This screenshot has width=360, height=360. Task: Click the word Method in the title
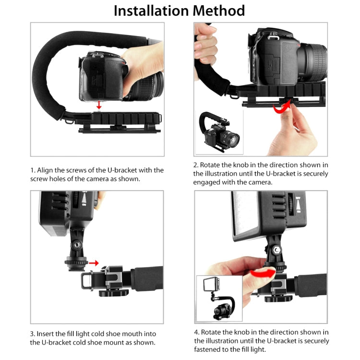tap(219, 11)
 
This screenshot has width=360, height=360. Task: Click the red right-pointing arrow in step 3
tap(94, 263)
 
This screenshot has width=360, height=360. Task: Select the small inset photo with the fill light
tap(219, 298)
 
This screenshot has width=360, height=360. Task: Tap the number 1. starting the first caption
tap(33, 170)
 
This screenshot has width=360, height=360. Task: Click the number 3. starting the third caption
tap(33, 334)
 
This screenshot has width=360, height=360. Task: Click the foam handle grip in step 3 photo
tap(147, 278)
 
